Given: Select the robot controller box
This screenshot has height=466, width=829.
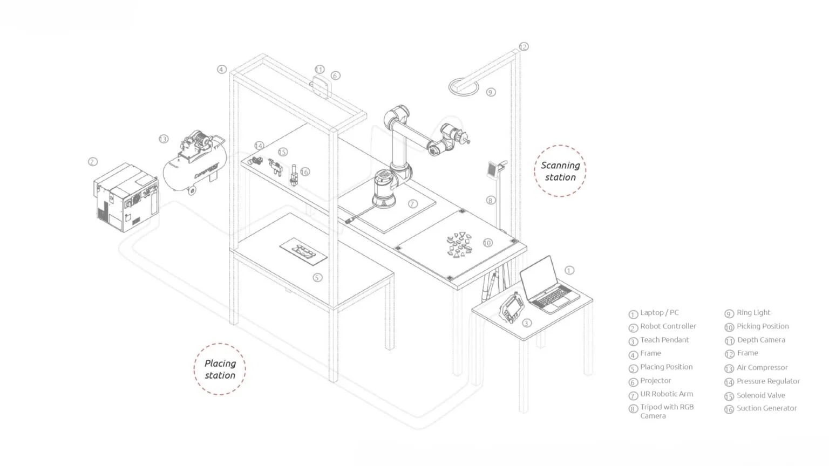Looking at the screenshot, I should [126, 198].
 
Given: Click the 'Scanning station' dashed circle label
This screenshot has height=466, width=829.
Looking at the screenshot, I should [560, 171].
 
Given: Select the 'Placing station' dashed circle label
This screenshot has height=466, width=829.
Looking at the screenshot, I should [220, 369].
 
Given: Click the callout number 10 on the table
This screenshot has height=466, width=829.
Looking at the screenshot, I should [487, 243].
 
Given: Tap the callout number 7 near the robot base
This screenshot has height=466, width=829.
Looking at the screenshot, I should [412, 204].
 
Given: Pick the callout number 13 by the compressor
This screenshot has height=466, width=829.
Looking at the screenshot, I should [164, 139].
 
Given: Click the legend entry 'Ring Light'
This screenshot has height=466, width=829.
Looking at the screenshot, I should [753, 313].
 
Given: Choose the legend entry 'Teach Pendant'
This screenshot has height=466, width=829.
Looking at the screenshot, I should [664, 340].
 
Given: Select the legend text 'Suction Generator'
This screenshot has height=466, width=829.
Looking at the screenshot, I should [766, 408].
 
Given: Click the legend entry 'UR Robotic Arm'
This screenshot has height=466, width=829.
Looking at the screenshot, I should [667, 394].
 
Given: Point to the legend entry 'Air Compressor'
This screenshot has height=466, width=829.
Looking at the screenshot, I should [762, 367].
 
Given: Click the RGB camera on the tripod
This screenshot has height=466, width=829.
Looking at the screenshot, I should [492, 168].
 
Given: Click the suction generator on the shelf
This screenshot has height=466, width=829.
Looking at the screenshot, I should [294, 175].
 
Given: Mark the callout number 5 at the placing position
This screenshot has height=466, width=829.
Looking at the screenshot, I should [317, 277].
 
